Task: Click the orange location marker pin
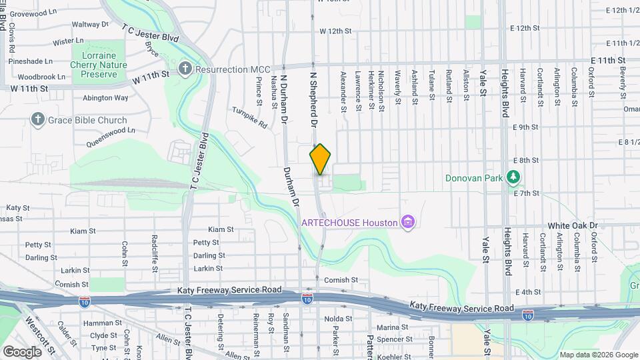pos(320,159)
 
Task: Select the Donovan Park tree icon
pos(513,177)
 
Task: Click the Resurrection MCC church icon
pos(185,69)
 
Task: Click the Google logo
pos(23,351)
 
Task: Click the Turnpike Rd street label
pos(249,117)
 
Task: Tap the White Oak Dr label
pos(573,226)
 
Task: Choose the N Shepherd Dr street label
pos(313,100)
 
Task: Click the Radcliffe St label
pos(155,251)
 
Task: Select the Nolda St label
pos(338,319)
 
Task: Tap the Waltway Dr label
pos(90,24)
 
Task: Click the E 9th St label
pos(525,127)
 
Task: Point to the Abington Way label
pos(105,97)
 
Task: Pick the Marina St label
pos(392,327)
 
